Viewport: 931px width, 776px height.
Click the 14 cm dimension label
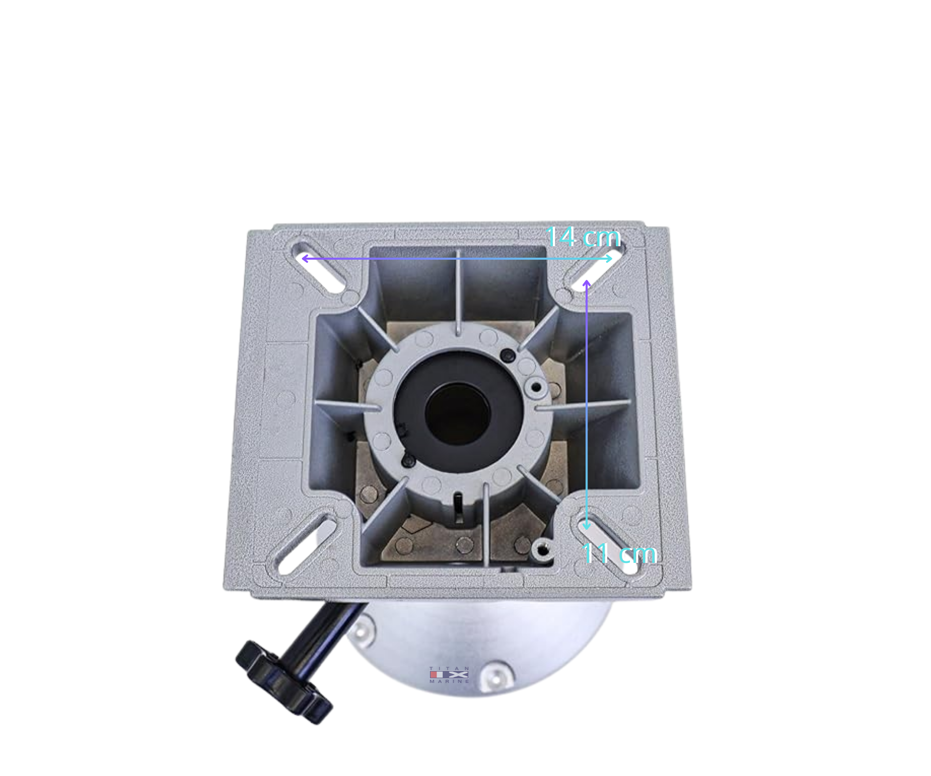coord(583,237)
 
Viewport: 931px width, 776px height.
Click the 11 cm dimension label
coord(619,554)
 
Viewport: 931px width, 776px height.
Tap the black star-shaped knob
coord(282,681)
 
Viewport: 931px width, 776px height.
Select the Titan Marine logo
coord(449,675)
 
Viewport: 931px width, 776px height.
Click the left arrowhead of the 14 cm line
coord(304,258)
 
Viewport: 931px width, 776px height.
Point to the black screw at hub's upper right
coord(508,355)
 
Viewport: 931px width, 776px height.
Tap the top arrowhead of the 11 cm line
coord(587,282)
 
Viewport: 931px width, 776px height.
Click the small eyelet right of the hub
coord(536,387)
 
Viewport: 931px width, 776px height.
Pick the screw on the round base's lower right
coord(494,674)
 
